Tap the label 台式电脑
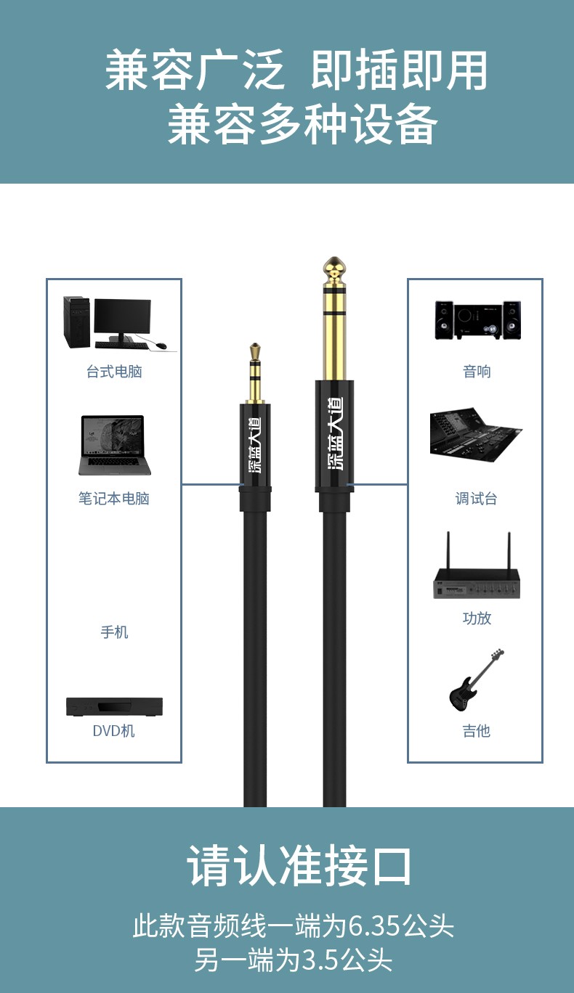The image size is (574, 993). [114, 372]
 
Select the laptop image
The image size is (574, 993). [115, 445]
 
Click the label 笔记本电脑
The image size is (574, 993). [114, 499]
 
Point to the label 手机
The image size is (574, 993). [114, 632]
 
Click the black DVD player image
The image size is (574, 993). [114, 707]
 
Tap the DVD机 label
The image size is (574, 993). [114, 731]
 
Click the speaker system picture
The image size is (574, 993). [477, 320]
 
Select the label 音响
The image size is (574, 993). [477, 372]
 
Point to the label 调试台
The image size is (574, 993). [477, 499]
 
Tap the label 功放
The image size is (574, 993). [477, 618]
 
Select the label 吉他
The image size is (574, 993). [477, 731]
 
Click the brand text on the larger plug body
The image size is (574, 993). [334, 433]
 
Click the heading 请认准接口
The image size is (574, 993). [299, 866]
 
